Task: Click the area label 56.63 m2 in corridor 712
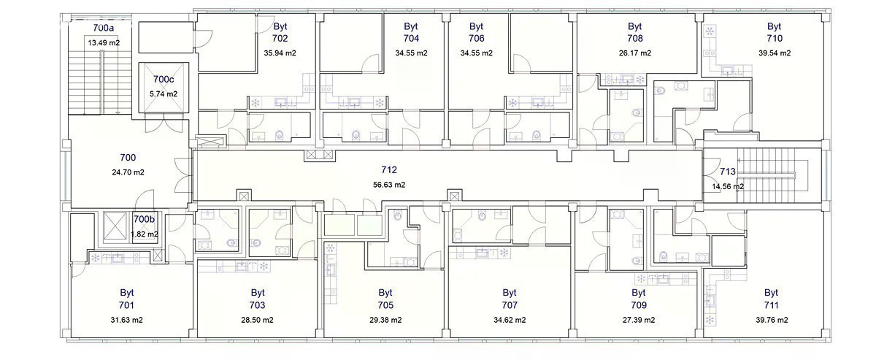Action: point(388,185)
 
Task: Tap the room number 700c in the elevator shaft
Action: point(164,80)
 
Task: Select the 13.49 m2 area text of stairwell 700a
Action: point(104,42)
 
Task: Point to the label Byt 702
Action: point(280,32)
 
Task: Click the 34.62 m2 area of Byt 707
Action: point(510,320)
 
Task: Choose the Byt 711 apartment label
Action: point(771,299)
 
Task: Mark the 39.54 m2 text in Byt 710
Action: point(775,53)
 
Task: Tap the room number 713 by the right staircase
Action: point(727,172)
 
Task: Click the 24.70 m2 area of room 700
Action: point(128,172)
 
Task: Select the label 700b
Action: point(144,219)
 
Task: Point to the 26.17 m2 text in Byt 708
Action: point(635,53)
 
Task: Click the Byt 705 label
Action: point(385,299)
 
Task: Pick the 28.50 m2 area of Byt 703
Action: point(257,320)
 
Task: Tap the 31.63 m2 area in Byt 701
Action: point(126,320)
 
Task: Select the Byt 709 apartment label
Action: point(639,299)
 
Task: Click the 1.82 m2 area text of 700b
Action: point(145,234)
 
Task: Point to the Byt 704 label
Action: point(411,32)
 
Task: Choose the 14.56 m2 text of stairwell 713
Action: point(728,187)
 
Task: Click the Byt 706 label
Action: point(476,32)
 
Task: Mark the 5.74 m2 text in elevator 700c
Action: point(164,94)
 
